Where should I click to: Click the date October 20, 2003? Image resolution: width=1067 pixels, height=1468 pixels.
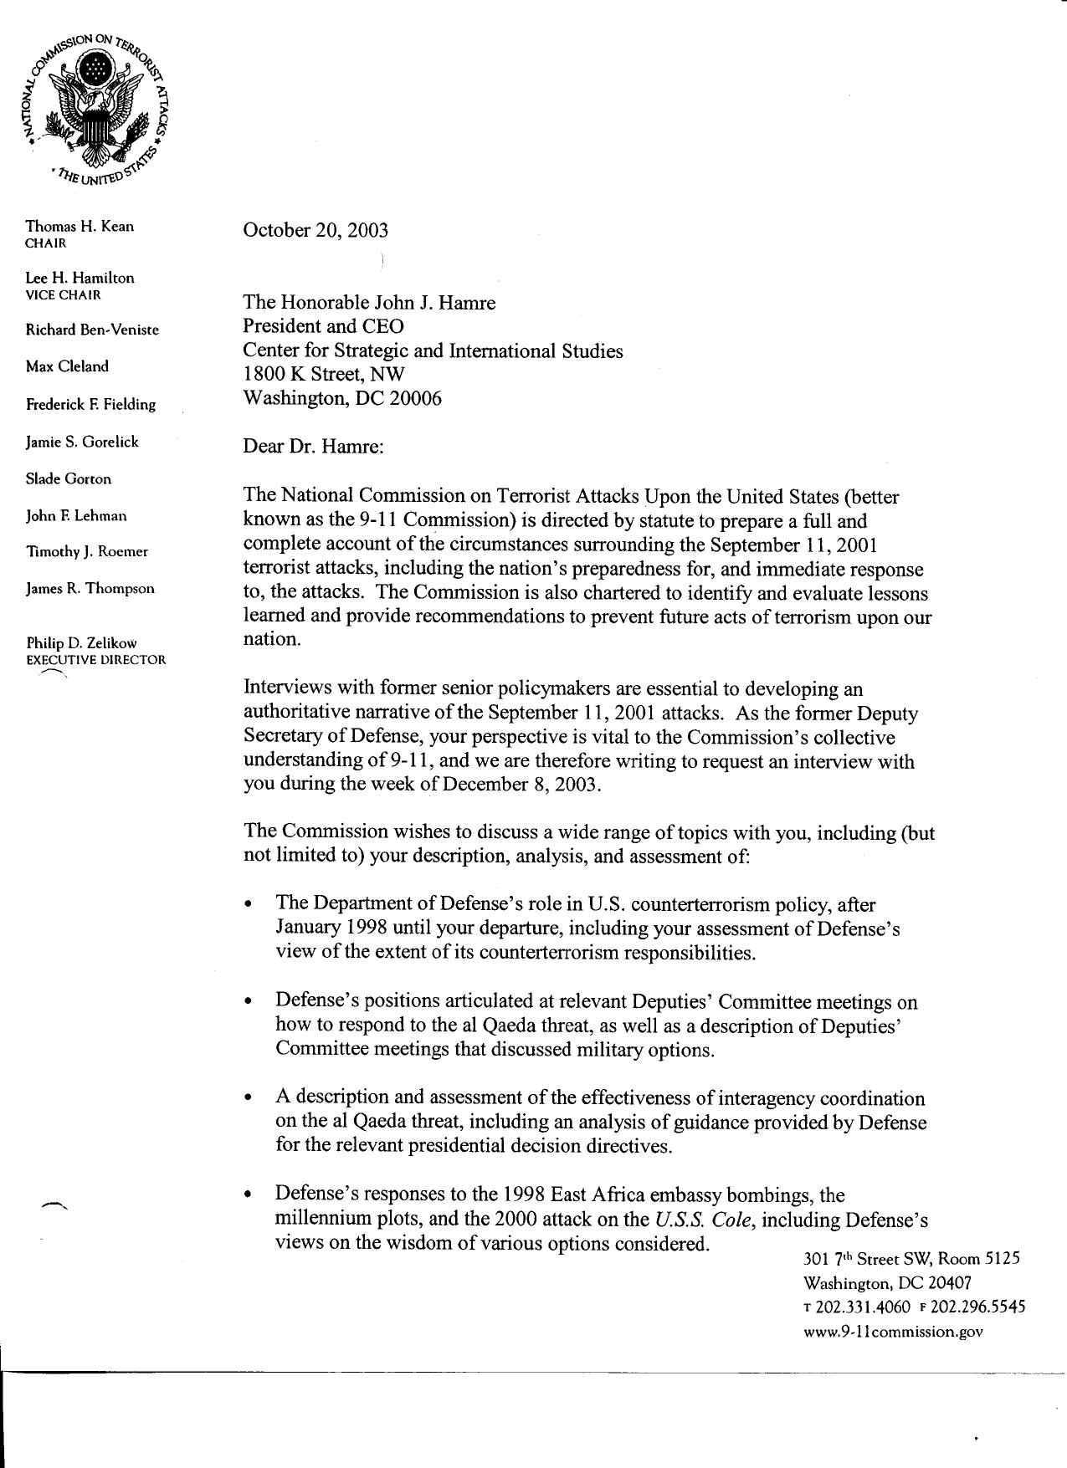315,230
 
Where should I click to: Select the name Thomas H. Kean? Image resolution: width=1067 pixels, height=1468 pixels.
80,227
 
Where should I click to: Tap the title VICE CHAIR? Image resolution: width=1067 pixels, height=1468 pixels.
63,294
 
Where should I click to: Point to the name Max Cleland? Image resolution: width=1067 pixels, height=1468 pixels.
67,366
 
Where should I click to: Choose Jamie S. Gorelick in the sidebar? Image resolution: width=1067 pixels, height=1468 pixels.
82,442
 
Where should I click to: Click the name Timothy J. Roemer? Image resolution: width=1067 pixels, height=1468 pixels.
87,551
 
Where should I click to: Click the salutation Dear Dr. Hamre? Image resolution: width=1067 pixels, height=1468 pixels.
313,446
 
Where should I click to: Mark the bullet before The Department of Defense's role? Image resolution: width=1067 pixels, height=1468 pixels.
248,906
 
